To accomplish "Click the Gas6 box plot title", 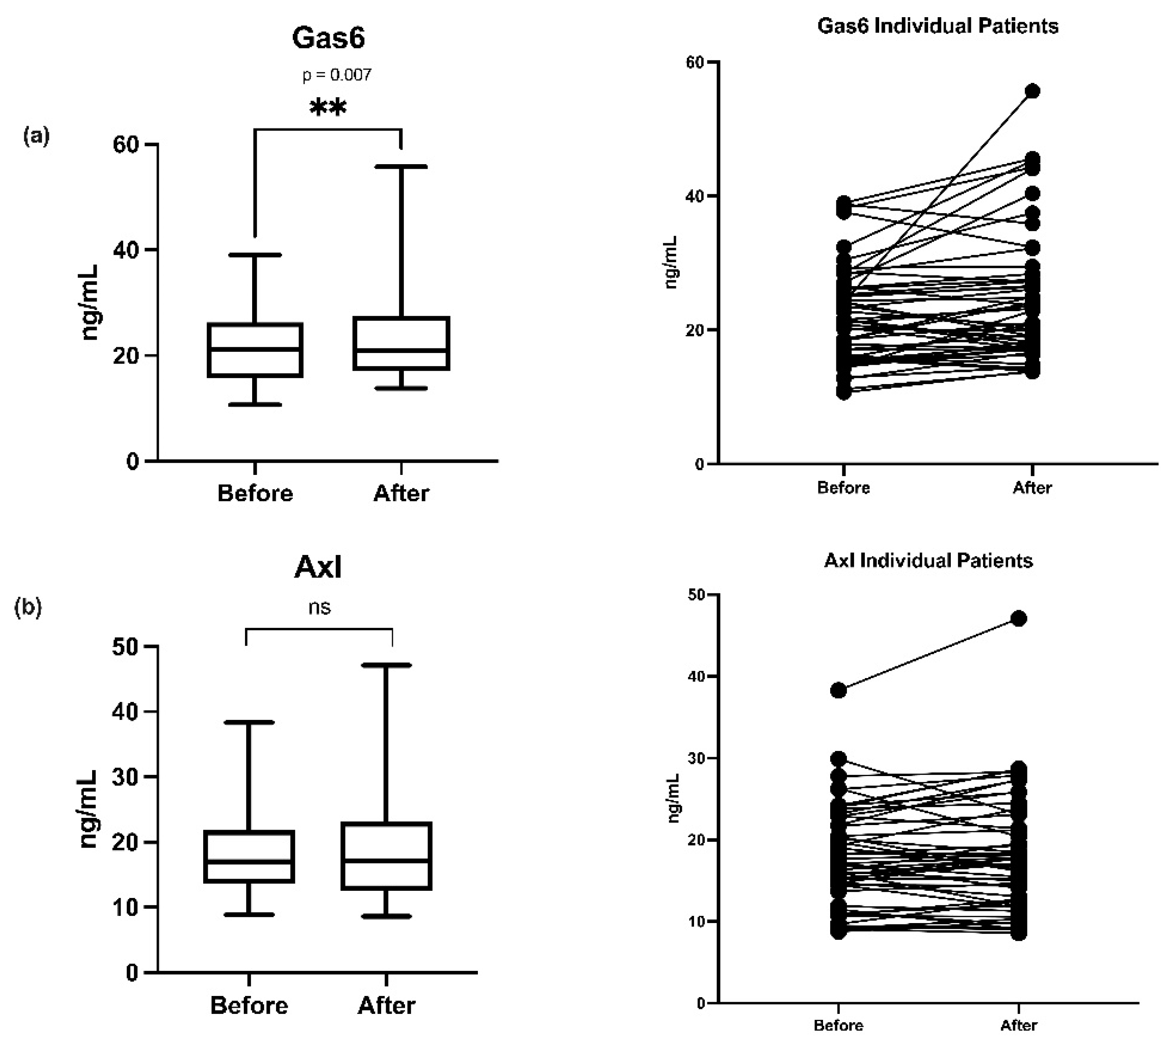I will tap(328, 38).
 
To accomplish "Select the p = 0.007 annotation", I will tap(337, 75).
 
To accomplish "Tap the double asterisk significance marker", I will tap(328, 107).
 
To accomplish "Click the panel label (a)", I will tap(36, 136).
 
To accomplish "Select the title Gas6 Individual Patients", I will tap(937, 26).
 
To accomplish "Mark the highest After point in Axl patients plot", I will tap(1019, 619).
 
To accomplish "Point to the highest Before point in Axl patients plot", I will tap(839, 691).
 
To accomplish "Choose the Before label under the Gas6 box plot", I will tap(255, 493).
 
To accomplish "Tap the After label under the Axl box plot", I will tap(387, 1005).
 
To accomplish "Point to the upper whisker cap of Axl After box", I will tap(387, 665).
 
